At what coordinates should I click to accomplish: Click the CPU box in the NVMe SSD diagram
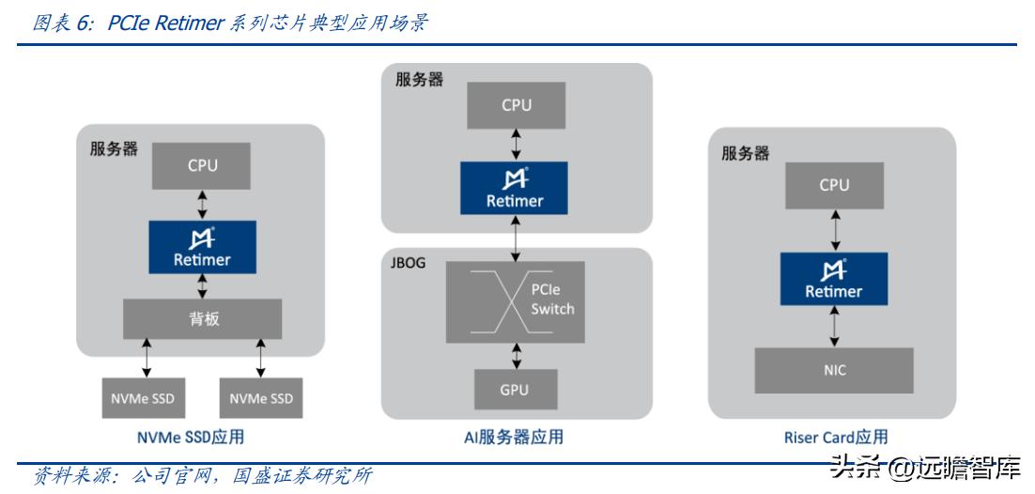coord(202,165)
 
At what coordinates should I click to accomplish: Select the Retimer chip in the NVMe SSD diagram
coord(202,248)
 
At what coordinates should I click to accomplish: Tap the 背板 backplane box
coord(202,319)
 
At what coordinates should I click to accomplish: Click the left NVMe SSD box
coord(144,398)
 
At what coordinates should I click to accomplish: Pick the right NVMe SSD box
coord(261,398)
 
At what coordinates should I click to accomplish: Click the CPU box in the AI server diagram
coord(516,105)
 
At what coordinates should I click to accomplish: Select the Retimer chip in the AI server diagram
coord(515,188)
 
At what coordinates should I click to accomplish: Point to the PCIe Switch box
coord(515,301)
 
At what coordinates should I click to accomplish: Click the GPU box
coord(515,389)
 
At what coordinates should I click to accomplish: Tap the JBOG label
coord(407,263)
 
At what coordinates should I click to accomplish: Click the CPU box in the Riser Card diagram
coord(833,185)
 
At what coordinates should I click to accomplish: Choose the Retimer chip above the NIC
coord(833,280)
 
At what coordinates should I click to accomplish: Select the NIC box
coord(834,370)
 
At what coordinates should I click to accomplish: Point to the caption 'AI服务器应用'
coord(516,437)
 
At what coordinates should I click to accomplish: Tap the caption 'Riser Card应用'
coord(835,437)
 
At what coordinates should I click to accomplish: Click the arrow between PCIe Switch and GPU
coord(516,356)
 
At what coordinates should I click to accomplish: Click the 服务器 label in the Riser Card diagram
coord(745,153)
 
